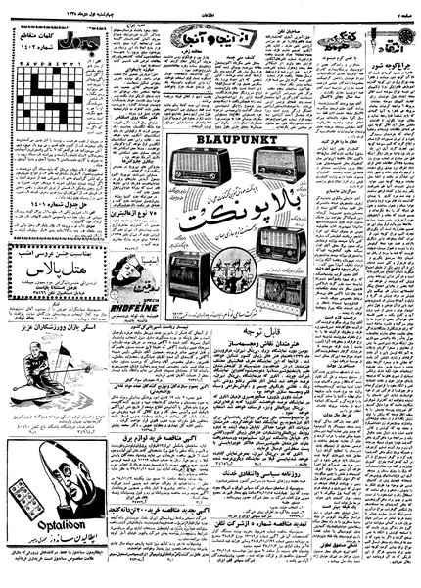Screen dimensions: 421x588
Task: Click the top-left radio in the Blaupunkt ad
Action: [200, 166]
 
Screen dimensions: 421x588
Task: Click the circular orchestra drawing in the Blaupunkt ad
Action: [239, 270]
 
